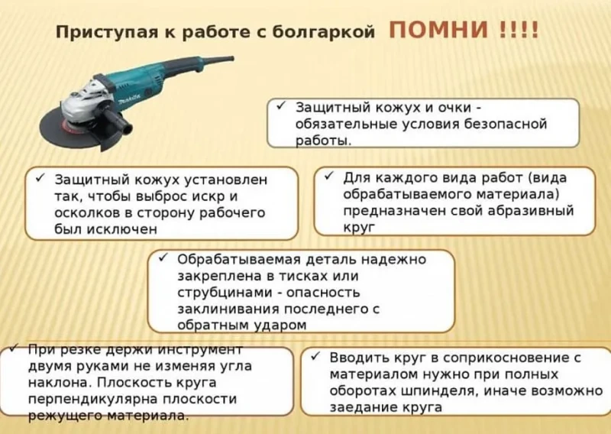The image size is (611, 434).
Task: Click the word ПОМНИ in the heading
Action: [x=438, y=30]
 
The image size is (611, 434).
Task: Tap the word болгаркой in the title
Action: [x=323, y=32]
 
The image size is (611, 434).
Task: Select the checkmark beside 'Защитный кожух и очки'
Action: [x=281, y=106]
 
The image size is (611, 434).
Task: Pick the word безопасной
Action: [x=506, y=124]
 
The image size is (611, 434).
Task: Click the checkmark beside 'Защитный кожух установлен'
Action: [x=40, y=178]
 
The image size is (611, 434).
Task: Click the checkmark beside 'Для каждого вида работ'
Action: [x=329, y=176]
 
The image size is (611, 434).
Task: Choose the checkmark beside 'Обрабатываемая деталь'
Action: [x=163, y=257]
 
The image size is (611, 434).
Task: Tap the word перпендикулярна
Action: [x=92, y=400]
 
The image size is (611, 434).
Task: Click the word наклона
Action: [x=60, y=383]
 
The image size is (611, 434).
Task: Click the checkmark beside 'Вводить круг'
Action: [x=315, y=356]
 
